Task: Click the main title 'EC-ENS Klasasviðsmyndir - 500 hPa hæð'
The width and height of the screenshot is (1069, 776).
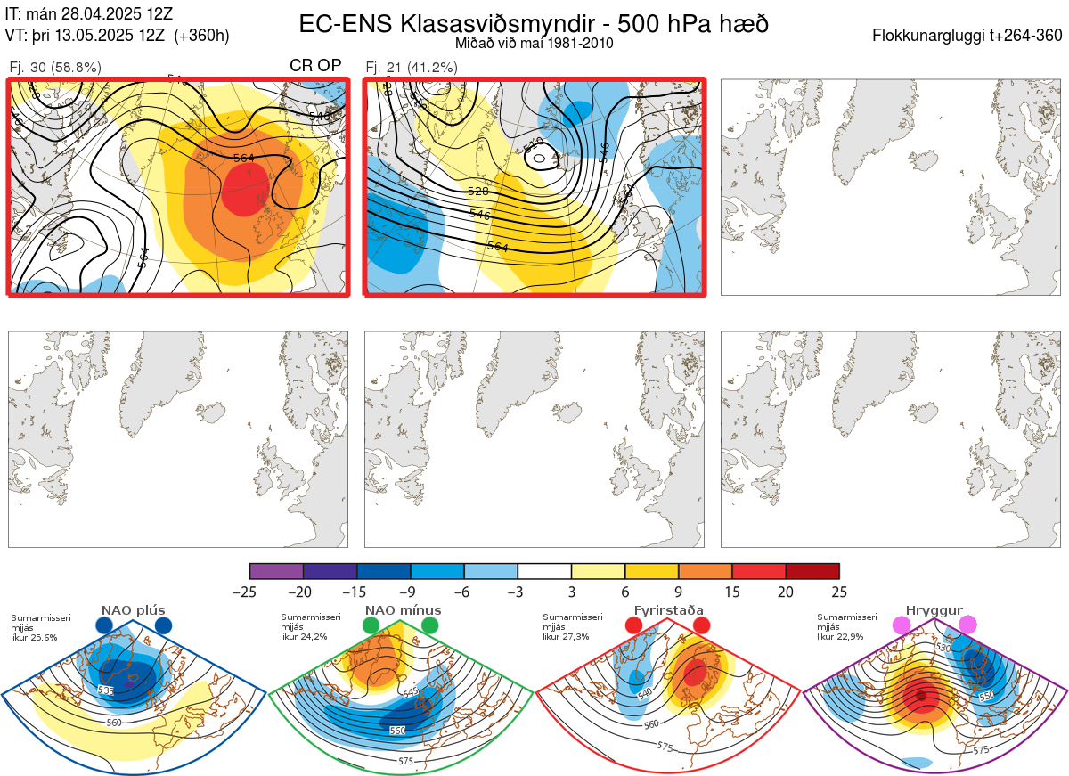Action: pos(534,24)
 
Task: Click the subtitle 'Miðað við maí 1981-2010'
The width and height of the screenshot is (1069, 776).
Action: pos(534,43)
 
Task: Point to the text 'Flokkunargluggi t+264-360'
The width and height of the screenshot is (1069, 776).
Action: pos(968,36)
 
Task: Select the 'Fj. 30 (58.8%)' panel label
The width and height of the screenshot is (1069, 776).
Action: pos(54,67)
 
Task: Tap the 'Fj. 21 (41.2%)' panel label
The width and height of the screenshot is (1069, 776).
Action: pos(412,67)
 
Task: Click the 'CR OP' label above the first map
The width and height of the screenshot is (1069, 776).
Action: pos(315,66)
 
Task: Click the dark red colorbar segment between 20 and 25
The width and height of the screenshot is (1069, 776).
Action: pos(812,571)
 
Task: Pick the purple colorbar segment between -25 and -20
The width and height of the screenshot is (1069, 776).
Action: pos(276,571)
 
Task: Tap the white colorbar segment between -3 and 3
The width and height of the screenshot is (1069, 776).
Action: pos(544,571)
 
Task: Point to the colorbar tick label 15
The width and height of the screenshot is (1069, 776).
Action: pos(732,592)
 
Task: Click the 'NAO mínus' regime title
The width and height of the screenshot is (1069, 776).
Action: pos(403,610)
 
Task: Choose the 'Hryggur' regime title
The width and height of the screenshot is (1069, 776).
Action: pos(934,610)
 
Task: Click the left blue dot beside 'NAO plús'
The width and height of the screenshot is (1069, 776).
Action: pos(104,625)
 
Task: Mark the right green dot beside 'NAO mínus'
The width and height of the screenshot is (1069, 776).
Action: pos(430,625)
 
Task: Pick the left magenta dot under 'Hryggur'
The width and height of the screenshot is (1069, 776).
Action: pos(902,625)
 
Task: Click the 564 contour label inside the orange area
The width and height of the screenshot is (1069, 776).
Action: pos(242,158)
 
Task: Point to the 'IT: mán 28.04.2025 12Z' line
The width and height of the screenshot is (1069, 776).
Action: pos(89,15)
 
